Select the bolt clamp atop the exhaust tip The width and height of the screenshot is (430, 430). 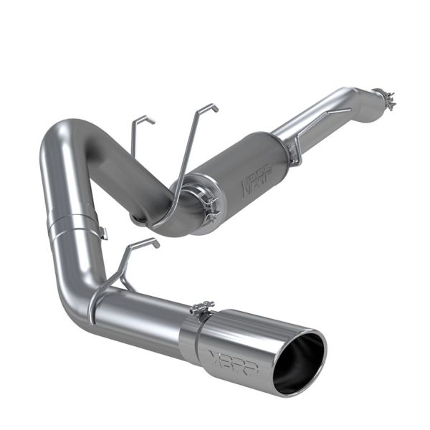[202, 309]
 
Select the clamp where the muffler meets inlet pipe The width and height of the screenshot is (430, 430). [292, 148]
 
